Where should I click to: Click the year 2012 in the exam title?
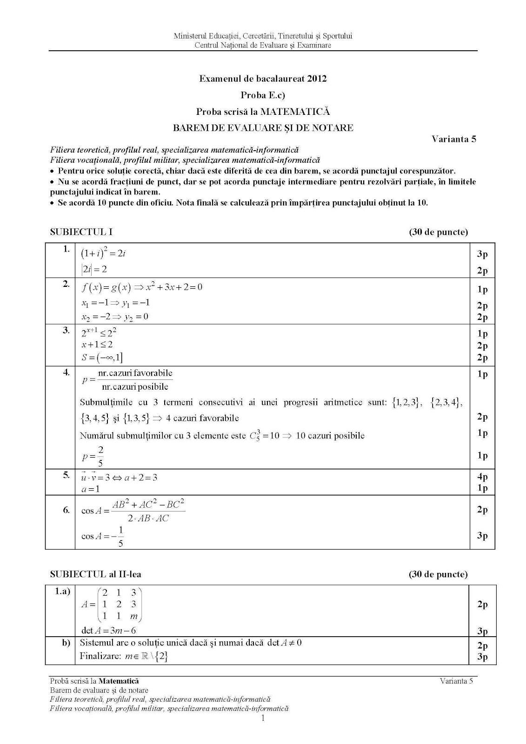(x=316, y=79)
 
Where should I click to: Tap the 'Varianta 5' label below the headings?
(x=453, y=139)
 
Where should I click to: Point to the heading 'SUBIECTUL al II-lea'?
(x=95, y=574)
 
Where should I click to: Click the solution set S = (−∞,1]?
(x=102, y=357)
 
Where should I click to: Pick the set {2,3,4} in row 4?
(x=446, y=403)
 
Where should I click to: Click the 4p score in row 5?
(x=482, y=477)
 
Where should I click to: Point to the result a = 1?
(x=91, y=489)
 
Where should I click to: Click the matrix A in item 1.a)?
(x=112, y=604)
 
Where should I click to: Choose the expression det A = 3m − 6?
(x=108, y=631)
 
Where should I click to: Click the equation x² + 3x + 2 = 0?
(x=174, y=287)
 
